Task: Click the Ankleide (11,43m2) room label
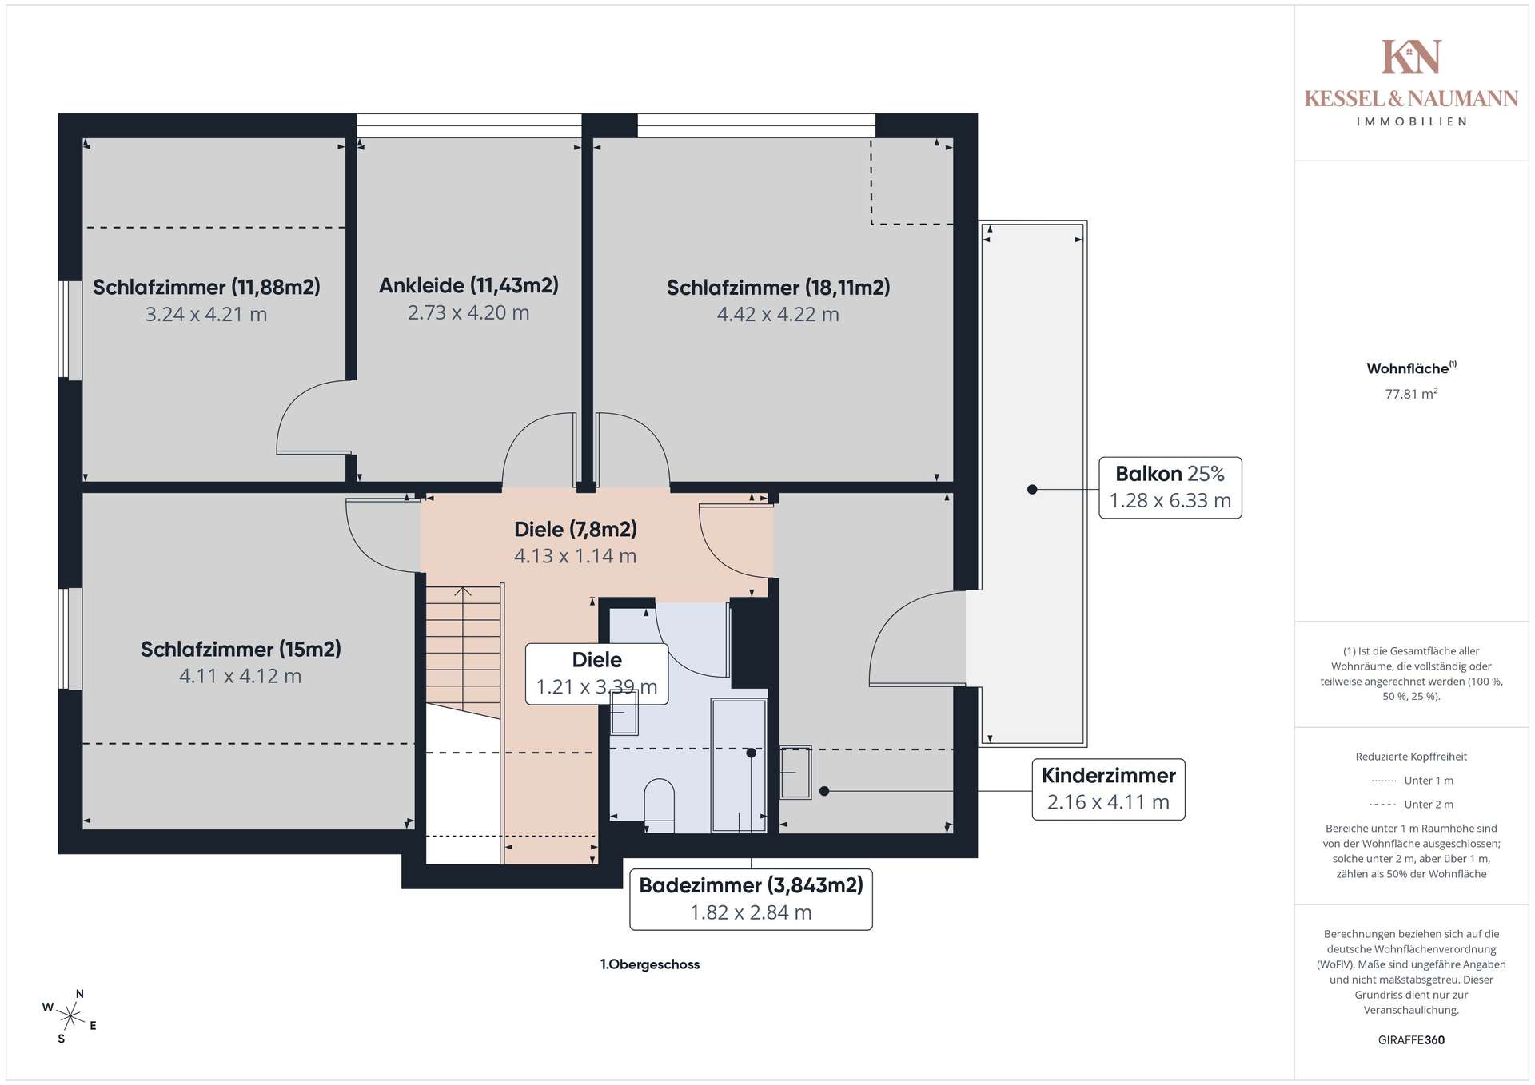[x=468, y=285]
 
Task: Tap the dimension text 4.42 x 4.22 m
[x=778, y=315]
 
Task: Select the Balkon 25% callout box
[x=1170, y=487]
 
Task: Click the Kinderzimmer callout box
[x=1108, y=789]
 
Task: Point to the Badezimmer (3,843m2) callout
[x=751, y=900]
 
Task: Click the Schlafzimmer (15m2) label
[x=241, y=649]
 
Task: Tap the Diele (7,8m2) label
[x=576, y=529]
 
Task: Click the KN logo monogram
[x=1411, y=57]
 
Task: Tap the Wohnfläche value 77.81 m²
[x=1412, y=393]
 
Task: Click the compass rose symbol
[x=71, y=1016]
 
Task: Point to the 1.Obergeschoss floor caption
[x=650, y=964]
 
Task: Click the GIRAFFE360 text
[x=1411, y=1040]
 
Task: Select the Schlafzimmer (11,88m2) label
[x=206, y=287]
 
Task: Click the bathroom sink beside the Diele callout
[x=624, y=713]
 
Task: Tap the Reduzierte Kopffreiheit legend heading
[x=1411, y=757]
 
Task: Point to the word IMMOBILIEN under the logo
[x=1411, y=121]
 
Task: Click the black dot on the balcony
[x=1032, y=489]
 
